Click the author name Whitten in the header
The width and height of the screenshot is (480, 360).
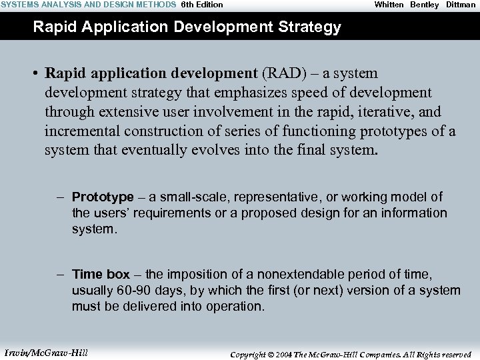[x=389, y=5]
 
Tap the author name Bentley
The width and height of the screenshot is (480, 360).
[x=425, y=5]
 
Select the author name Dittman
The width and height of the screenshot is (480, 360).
[x=461, y=5]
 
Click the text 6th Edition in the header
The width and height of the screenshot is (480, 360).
[x=202, y=5]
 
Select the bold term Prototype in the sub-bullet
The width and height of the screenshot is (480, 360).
[x=103, y=197]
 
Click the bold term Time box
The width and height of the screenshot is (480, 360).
[x=101, y=275]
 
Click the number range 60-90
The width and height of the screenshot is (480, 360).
[x=132, y=291]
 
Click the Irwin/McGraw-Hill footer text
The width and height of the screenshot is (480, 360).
[x=46, y=353]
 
